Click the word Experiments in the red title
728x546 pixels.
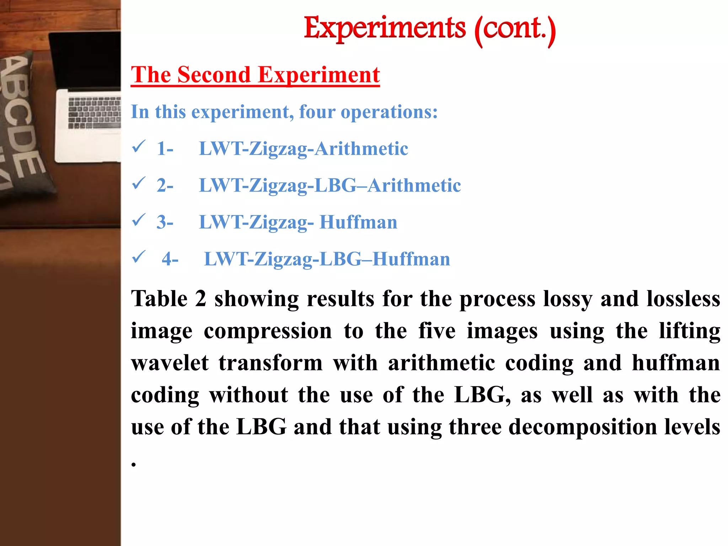click(385, 28)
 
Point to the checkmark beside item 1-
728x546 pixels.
click(138, 146)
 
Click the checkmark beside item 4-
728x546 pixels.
click(138, 256)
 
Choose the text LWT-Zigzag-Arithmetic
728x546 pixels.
click(303, 149)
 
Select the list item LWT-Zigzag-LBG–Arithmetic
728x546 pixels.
click(330, 186)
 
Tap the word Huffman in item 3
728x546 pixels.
click(358, 222)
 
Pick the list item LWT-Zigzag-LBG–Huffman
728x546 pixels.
click(327, 259)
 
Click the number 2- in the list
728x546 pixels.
click(165, 186)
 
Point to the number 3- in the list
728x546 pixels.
click(165, 222)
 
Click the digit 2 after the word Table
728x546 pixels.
click(200, 299)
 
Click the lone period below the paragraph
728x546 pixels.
click(134, 464)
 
